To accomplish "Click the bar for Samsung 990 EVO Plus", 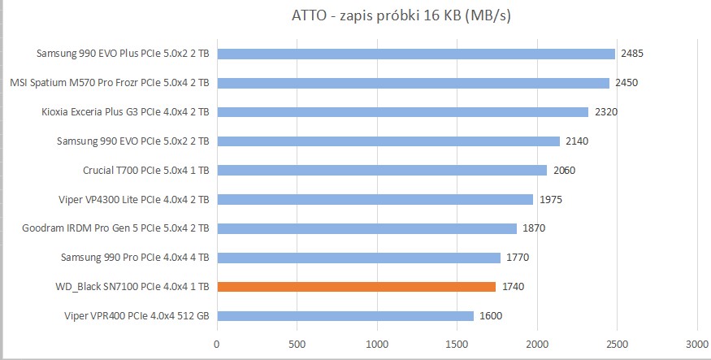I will [416, 54].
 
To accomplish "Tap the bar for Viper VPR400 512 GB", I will [345, 316].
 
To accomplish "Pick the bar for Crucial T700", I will [382, 171].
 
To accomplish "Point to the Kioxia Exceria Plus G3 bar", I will [402, 112].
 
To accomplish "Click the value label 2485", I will [632, 54].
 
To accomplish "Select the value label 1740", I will [512, 287].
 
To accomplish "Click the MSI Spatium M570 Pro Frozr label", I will [110, 83].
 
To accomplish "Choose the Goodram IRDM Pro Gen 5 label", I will [116, 228].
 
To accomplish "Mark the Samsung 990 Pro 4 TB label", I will [135, 258].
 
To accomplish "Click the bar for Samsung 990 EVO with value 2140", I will [388, 141].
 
